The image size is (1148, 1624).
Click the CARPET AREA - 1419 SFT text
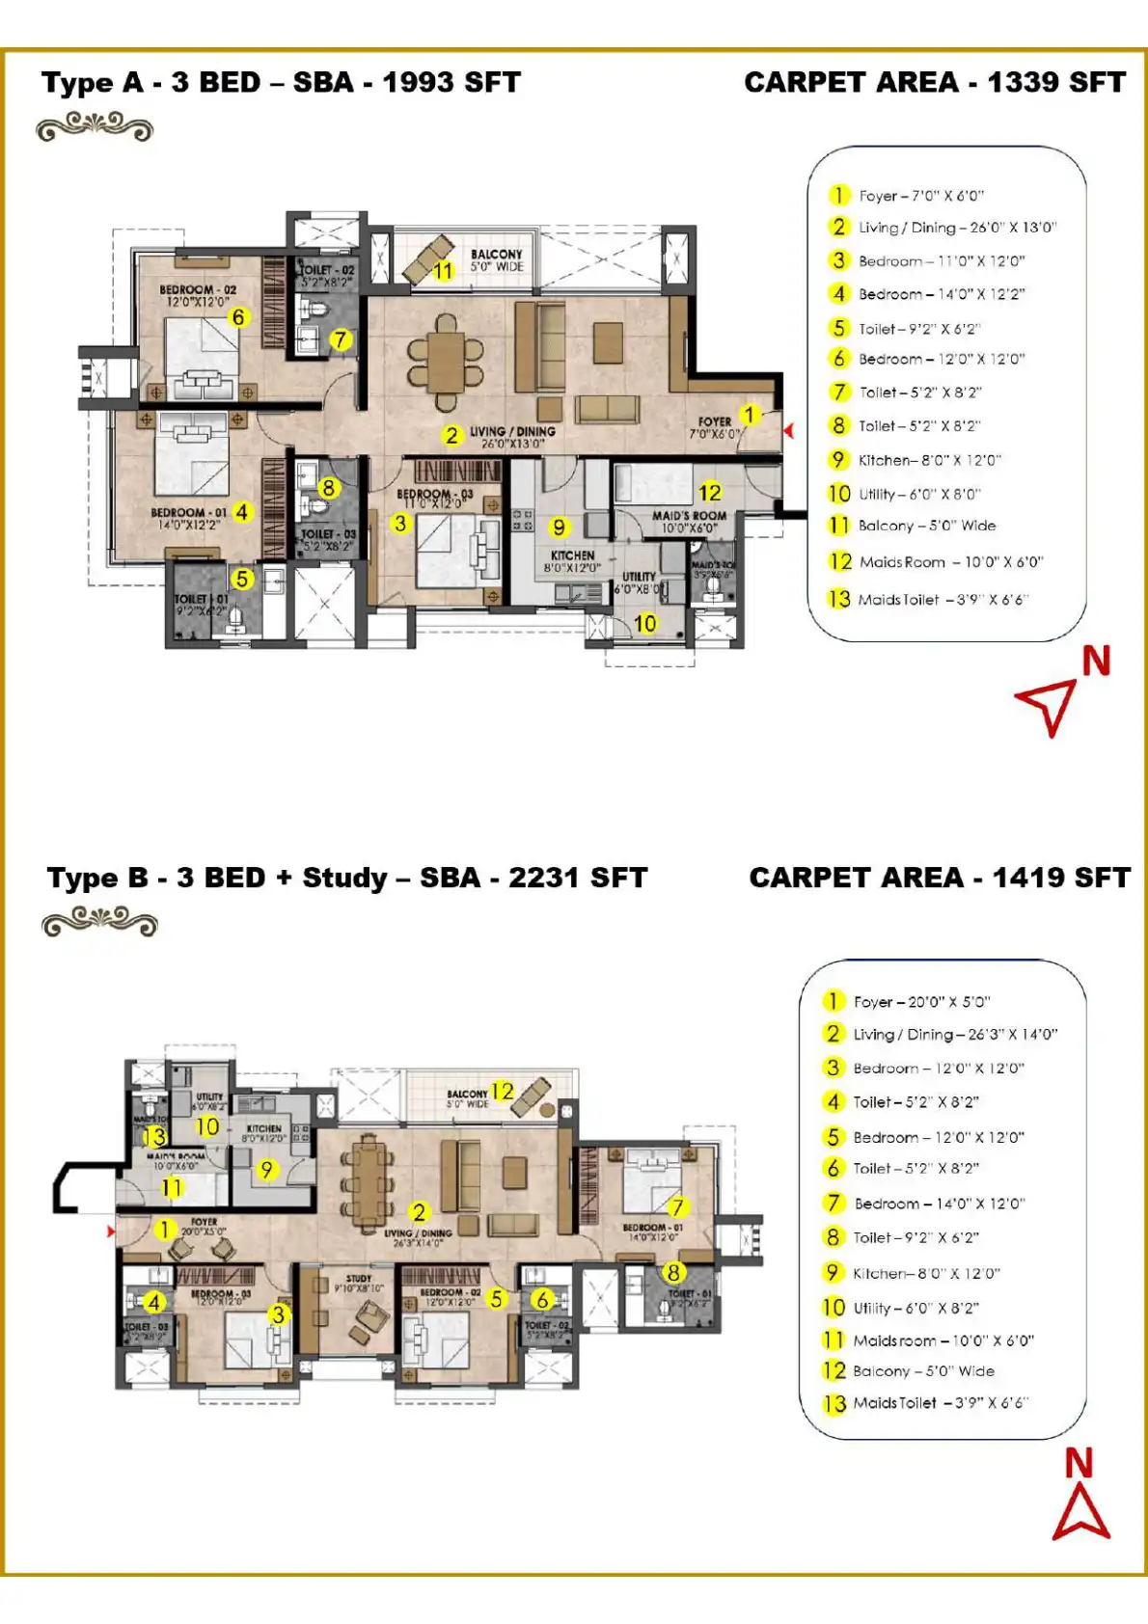(x=939, y=878)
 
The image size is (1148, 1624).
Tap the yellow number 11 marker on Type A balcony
(x=443, y=271)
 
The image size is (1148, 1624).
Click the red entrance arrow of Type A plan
(x=789, y=431)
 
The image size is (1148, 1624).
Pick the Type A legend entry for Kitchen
(x=928, y=460)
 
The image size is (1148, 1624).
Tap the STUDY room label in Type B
(x=359, y=1278)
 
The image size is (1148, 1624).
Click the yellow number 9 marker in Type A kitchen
(x=559, y=527)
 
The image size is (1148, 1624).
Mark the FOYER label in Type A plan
(x=715, y=421)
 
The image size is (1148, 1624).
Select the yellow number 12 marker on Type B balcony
(x=502, y=1091)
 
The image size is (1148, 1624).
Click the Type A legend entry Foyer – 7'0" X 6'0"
(x=920, y=196)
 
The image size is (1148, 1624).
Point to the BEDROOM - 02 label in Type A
(x=198, y=289)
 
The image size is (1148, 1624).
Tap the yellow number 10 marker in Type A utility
(x=644, y=624)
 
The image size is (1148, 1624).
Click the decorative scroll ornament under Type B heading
(x=99, y=923)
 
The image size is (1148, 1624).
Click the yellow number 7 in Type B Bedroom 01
(x=677, y=1206)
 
